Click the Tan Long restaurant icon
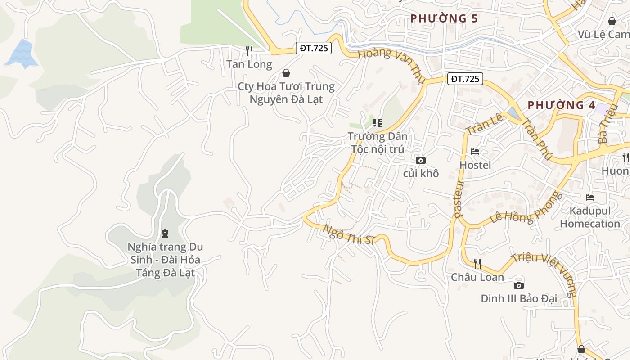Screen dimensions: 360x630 pyautogui.click(x=249, y=51)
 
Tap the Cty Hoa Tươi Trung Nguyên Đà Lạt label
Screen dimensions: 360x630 pyautogui.click(x=286, y=93)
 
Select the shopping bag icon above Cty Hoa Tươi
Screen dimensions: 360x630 pyautogui.click(x=286, y=73)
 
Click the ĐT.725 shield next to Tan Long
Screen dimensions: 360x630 pyautogui.click(x=314, y=48)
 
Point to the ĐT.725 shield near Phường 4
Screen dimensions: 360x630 pyautogui.click(x=465, y=79)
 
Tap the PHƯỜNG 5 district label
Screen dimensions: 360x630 pyautogui.click(x=444, y=18)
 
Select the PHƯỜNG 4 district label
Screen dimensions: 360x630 pyautogui.click(x=561, y=105)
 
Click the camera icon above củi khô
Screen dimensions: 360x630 pyautogui.click(x=421, y=160)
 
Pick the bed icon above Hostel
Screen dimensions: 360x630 pyautogui.click(x=475, y=152)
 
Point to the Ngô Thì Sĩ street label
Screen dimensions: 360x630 pyautogui.click(x=349, y=234)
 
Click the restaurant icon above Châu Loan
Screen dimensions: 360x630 pyautogui.click(x=477, y=263)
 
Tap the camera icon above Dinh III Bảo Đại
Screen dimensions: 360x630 pyautogui.click(x=518, y=285)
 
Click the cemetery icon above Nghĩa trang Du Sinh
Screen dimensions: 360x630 pyautogui.click(x=165, y=233)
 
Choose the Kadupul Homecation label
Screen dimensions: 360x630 pyautogui.click(x=590, y=217)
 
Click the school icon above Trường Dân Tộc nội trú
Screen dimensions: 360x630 pyautogui.click(x=377, y=122)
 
